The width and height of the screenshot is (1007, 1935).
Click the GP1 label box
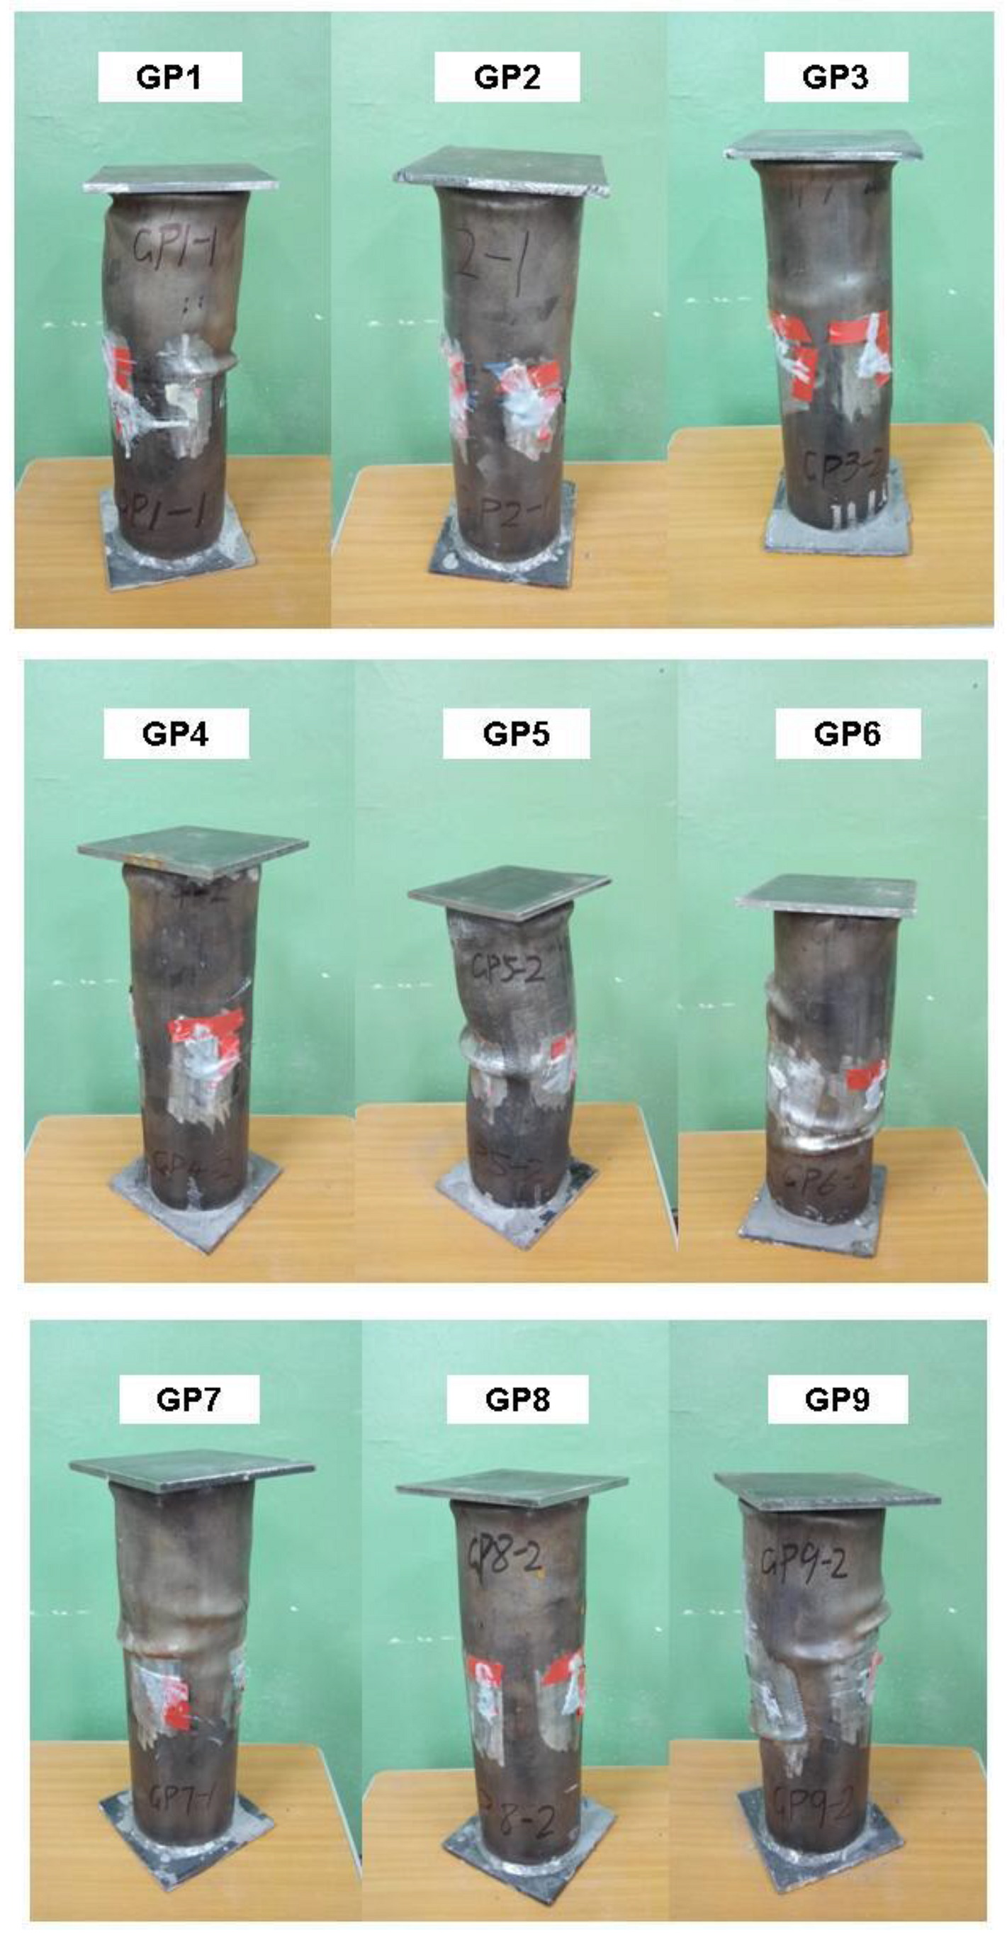(170, 77)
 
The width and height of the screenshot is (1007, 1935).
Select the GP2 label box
(507, 77)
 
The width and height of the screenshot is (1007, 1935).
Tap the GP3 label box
(836, 76)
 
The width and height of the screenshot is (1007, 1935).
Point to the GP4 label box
(176, 733)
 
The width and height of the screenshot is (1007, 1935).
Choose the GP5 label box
(517, 733)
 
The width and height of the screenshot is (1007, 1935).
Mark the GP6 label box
(848, 733)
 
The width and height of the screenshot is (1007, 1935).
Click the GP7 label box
(189, 1399)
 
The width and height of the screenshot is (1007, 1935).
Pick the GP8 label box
(517, 1399)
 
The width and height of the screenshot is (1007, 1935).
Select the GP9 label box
(837, 1399)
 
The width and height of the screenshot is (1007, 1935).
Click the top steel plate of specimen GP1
(181, 179)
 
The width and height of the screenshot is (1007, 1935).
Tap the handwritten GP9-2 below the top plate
(804, 1562)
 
